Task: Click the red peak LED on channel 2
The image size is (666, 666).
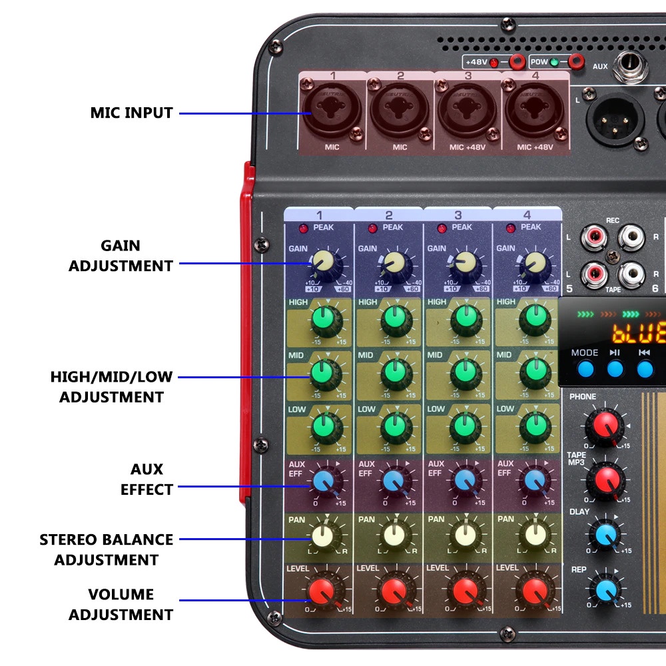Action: [373, 228]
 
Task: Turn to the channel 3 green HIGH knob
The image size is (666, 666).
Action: [464, 318]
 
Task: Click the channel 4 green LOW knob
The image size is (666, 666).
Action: [534, 424]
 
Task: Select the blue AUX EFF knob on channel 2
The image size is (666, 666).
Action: [393, 480]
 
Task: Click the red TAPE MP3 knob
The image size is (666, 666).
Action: [605, 478]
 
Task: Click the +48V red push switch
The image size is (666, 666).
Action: [515, 62]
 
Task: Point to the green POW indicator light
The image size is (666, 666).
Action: [554, 63]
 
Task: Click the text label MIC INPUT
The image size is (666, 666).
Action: [132, 113]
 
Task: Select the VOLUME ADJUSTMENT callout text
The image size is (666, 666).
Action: [121, 604]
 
